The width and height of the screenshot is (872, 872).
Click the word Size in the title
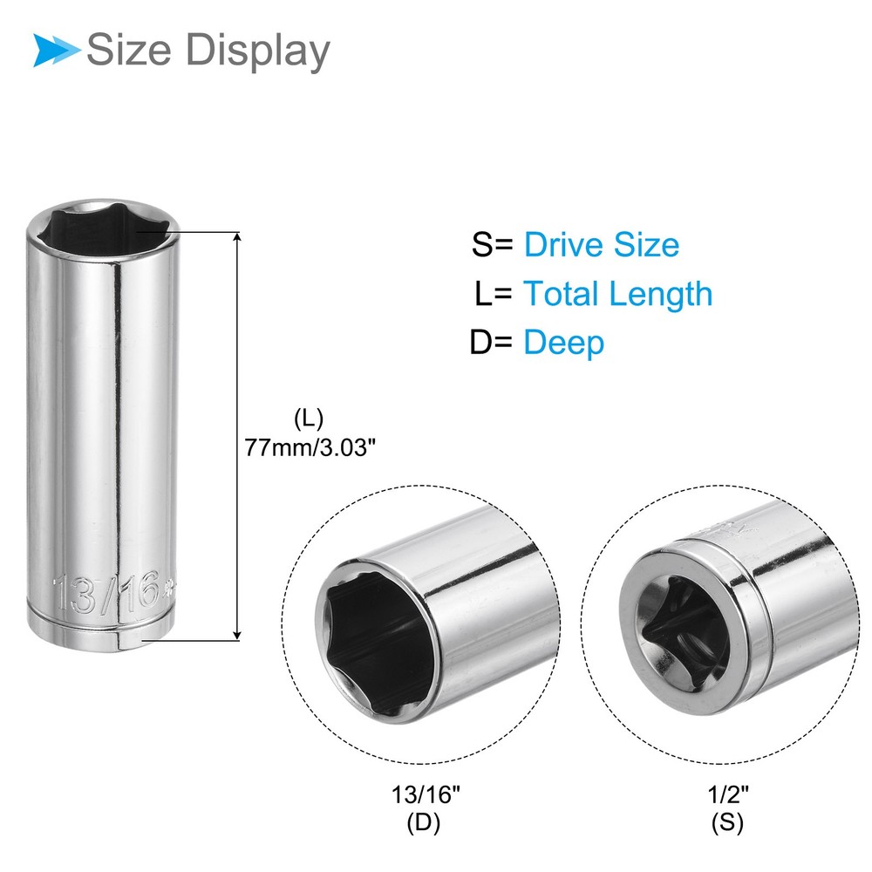click(128, 51)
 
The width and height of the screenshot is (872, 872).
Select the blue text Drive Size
click(601, 244)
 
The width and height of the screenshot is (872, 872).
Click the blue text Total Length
click(617, 294)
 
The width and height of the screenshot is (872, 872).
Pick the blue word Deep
click(563, 343)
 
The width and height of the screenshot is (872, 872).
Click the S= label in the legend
click(494, 244)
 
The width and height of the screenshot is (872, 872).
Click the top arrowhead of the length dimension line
click(237, 238)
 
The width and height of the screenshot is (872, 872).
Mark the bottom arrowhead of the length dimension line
click(237, 635)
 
